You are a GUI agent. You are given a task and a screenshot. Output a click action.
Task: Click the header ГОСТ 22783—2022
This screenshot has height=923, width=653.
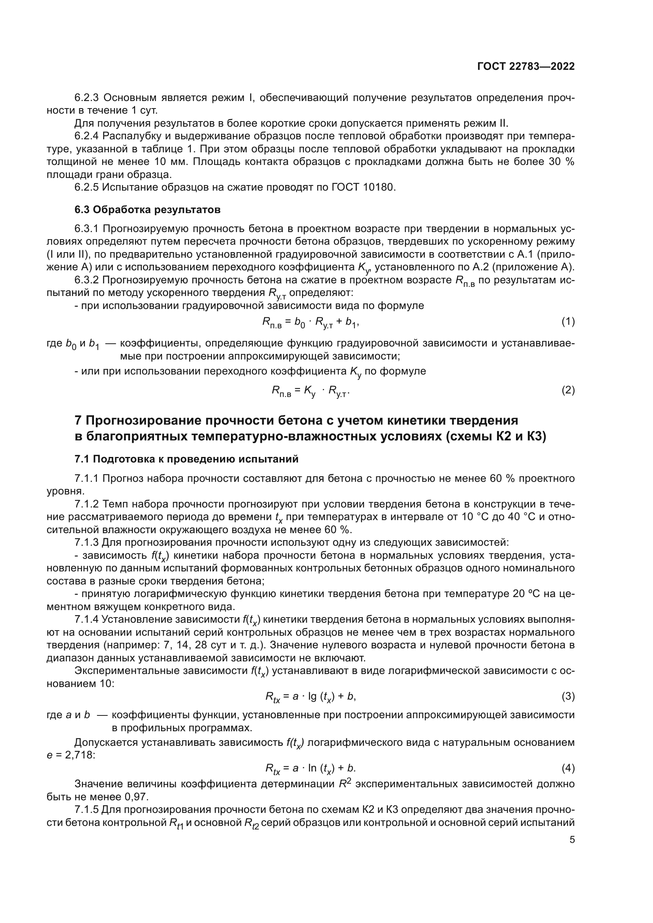[x=525, y=67]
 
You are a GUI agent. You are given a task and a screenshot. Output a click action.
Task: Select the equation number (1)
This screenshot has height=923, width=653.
[x=568, y=322]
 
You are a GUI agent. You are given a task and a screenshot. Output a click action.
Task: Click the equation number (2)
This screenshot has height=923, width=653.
[x=568, y=390]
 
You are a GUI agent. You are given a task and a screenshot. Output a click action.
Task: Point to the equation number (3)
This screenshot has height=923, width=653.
[x=568, y=696]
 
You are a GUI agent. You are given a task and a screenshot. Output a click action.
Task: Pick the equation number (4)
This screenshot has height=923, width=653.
[x=568, y=768]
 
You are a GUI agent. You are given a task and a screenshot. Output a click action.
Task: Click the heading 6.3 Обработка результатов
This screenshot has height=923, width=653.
[x=147, y=210]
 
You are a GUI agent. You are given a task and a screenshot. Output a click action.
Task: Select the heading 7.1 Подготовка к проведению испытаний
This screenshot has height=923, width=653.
[x=186, y=459]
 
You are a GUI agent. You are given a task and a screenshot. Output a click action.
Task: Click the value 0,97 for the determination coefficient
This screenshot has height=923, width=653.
[x=137, y=797]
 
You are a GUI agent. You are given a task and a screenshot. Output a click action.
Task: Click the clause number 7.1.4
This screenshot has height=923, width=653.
[x=86, y=620]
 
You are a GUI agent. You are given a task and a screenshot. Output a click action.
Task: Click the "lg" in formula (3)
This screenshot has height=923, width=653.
[x=312, y=696]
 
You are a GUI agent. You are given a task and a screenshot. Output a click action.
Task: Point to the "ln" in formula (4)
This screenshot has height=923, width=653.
[x=312, y=768]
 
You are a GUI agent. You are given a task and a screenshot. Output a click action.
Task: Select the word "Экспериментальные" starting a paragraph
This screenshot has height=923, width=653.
[x=127, y=670]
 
